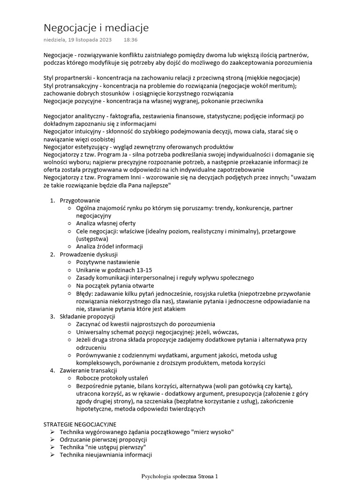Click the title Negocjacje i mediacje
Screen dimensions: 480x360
coord(96,28)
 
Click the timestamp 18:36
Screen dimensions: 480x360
coord(131,40)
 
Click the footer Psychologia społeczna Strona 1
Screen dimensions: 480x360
coord(180,476)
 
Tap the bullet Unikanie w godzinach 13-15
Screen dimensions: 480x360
coord(114,270)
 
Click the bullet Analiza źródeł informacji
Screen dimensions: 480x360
coord(109,246)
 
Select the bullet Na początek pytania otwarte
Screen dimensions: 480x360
coord(115,285)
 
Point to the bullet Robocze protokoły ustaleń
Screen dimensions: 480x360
coord(112,378)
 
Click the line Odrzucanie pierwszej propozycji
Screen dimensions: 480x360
coord(103,439)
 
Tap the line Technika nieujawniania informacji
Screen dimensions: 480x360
coord(105,455)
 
